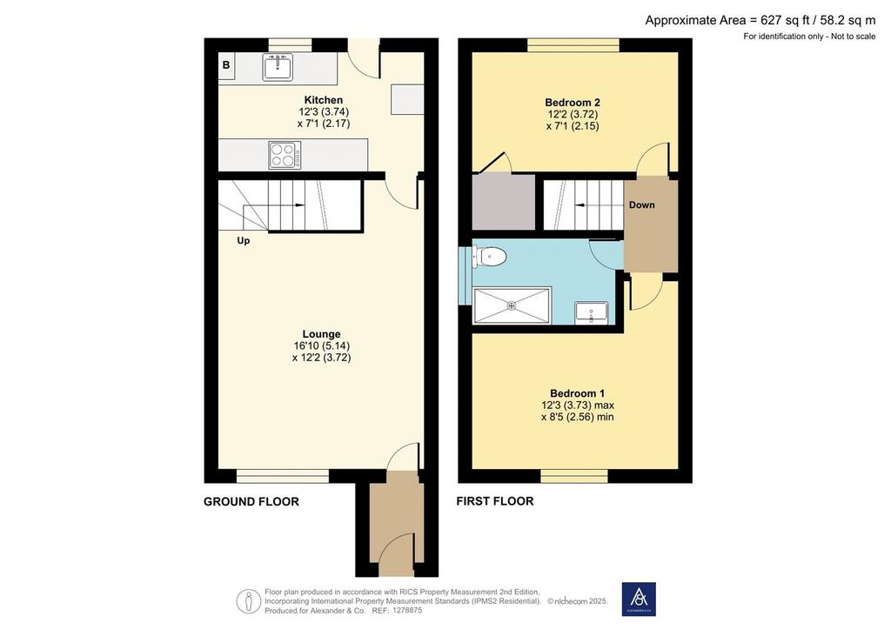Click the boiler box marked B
(226, 65)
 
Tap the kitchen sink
(278, 66)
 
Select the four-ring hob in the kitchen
(285, 155)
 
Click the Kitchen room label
(324, 100)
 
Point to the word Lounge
(322, 334)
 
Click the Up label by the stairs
(244, 241)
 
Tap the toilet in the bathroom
(489, 258)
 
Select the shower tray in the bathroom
(512, 305)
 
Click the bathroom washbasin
(591, 312)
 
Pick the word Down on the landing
(641, 205)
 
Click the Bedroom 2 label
(573, 103)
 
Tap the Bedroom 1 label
(578, 393)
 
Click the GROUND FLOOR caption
(251, 501)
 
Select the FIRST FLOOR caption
(495, 501)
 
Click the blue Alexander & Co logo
(639, 599)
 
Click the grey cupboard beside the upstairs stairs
(504, 202)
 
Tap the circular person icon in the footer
(248, 601)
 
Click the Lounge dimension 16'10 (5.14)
(322, 346)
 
